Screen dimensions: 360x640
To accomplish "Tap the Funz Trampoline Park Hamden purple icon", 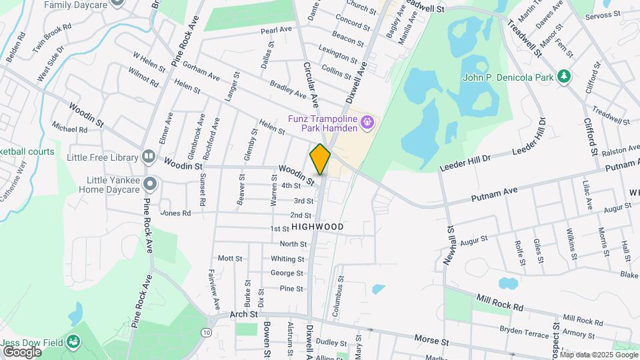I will [x=366, y=123].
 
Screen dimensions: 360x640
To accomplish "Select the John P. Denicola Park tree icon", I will [x=564, y=77].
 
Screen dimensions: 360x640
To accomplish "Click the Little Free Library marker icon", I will [x=148, y=158].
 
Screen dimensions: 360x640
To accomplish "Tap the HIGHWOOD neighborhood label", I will [x=317, y=227].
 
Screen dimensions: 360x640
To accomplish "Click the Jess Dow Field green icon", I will [x=74, y=343].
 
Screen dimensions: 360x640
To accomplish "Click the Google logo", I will [x=21, y=351].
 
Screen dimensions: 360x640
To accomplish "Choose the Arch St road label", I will [x=243, y=314].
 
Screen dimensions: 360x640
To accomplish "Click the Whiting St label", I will [x=287, y=259].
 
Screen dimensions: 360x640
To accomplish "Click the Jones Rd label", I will [x=175, y=213].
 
